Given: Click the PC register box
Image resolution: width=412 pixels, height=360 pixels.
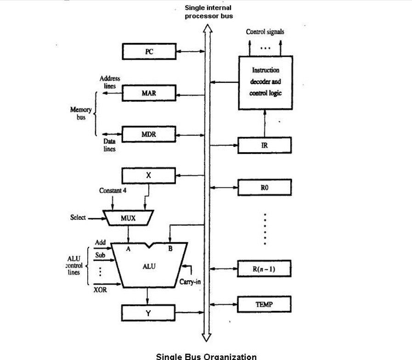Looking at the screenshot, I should (x=149, y=51).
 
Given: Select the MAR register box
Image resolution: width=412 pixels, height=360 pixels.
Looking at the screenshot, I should (x=149, y=93).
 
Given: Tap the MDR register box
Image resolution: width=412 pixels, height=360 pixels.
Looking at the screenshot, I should (x=149, y=134).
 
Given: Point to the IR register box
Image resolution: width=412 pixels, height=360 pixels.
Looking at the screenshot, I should (x=265, y=145).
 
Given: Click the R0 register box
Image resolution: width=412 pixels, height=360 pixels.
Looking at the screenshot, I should (x=265, y=188).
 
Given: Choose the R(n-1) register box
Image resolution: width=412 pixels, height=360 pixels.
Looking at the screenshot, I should (x=265, y=269).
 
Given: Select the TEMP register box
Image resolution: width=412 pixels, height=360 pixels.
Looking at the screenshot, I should (x=265, y=304).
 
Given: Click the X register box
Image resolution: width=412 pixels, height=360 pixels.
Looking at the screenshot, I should (x=148, y=176).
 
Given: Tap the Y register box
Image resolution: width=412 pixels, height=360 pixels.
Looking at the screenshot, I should (x=148, y=313).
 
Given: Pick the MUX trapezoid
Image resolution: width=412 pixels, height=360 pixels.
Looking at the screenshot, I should (x=128, y=218).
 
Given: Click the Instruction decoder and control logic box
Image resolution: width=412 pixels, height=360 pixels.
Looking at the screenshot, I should (x=265, y=82).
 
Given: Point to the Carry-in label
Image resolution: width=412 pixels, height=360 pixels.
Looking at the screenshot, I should (x=190, y=282).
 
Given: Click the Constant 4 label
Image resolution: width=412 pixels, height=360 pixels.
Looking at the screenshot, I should (x=113, y=190).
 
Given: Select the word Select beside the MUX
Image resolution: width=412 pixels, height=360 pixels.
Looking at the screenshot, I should (x=78, y=217).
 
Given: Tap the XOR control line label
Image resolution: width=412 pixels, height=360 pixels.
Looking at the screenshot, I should (x=100, y=290).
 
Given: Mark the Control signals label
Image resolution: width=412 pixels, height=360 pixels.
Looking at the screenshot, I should (x=265, y=32).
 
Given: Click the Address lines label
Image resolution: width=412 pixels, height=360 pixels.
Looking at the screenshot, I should (x=110, y=82).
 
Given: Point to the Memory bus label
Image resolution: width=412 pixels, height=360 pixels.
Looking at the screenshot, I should (x=81, y=113).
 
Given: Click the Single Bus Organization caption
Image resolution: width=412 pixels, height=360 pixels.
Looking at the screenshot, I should (x=206, y=356).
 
